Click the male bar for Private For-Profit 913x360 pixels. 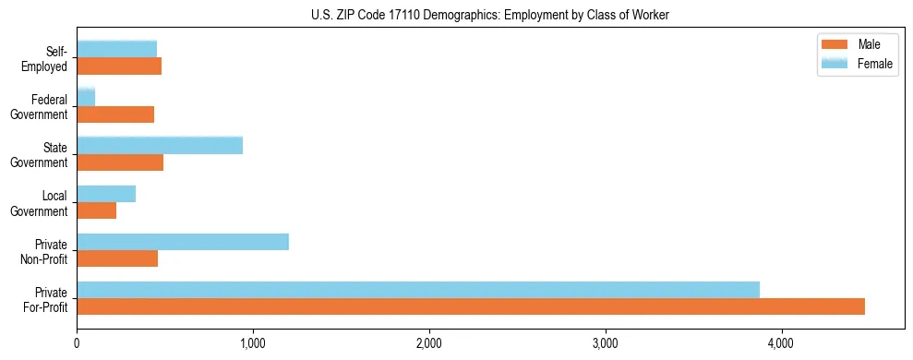point(471,306)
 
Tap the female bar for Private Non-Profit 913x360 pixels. point(183,242)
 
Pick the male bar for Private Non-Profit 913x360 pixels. point(117,258)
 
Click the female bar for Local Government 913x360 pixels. point(106,194)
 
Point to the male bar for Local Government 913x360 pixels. point(97,210)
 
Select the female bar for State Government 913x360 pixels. point(160,145)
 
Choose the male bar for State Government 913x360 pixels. point(120,162)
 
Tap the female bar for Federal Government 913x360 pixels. point(86,97)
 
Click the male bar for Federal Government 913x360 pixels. point(115,114)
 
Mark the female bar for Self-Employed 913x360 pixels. point(117,49)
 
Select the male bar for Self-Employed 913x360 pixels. point(119,66)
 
